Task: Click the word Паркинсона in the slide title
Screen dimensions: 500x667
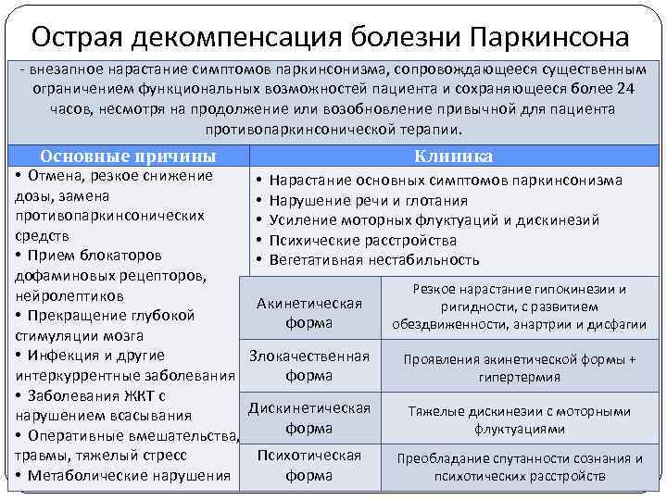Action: [x=548, y=37]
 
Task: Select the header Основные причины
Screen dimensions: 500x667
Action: [x=130, y=156]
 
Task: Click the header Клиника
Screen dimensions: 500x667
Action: [x=453, y=156]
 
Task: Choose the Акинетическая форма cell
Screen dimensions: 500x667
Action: [x=309, y=313]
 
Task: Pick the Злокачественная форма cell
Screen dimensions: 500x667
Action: [x=309, y=366]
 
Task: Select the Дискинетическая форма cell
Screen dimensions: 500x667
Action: [x=309, y=419]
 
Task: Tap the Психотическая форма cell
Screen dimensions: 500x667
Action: [x=309, y=466]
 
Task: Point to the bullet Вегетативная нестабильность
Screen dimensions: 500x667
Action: [x=373, y=260]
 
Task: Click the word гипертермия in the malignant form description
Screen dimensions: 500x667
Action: [x=519, y=378]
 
